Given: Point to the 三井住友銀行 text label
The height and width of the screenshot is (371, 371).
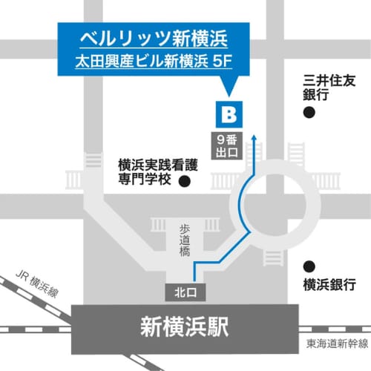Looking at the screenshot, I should [x=321, y=86].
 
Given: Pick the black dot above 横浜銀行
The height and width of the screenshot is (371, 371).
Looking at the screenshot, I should [x=309, y=266].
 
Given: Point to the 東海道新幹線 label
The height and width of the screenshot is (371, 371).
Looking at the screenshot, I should [x=338, y=344].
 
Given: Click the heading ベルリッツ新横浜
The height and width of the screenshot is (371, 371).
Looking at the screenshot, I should [x=145, y=36].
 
